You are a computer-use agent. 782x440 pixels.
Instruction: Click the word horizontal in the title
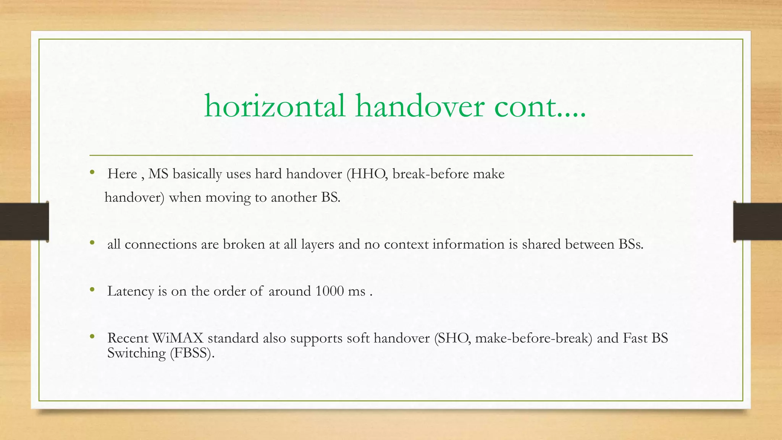point(275,106)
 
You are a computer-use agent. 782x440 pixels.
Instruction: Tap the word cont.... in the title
point(540,106)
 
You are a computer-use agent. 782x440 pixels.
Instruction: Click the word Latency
point(131,291)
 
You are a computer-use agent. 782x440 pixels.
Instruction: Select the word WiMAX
point(178,338)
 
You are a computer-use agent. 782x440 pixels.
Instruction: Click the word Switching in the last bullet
point(136,353)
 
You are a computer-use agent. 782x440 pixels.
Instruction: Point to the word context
point(406,244)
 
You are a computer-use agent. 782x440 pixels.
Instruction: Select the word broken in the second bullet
point(244,244)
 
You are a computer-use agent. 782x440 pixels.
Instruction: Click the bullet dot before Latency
point(92,290)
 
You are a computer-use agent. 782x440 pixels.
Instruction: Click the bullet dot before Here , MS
point(92,173)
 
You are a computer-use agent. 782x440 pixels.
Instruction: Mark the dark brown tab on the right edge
point(758,222)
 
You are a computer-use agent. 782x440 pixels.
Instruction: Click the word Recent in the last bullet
point(128,338)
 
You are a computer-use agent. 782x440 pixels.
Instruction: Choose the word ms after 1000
point(357,291)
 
